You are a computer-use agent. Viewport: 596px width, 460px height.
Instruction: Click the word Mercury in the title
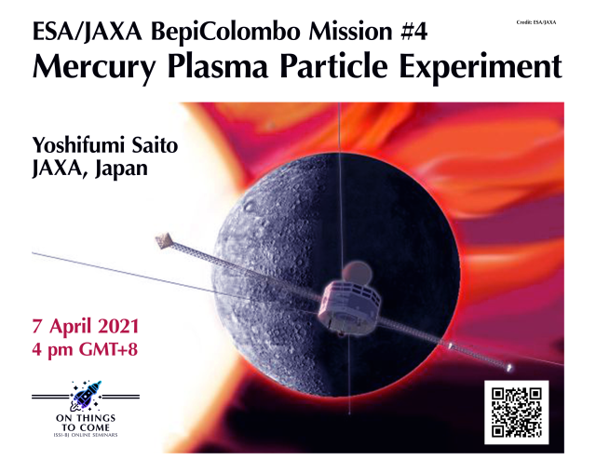94,68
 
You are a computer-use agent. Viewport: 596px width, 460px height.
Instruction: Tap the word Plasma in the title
217,66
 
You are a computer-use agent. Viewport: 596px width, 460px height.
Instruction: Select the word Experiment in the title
481,68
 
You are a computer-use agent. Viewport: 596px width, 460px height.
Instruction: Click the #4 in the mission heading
413,31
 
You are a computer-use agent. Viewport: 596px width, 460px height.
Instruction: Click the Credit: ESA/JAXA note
536,22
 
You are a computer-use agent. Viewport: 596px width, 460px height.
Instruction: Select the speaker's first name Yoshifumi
78,145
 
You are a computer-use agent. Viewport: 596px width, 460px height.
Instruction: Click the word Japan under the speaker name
121,169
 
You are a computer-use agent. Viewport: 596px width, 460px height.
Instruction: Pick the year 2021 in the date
118,327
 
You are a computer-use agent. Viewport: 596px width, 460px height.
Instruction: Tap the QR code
516,413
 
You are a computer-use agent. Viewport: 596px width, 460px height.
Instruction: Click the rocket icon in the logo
86,396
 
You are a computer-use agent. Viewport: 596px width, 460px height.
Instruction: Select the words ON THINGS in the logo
86,418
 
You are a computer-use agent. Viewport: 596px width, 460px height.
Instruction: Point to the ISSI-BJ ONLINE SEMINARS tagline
86,435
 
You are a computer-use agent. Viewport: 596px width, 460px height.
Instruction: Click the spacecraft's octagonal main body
348,307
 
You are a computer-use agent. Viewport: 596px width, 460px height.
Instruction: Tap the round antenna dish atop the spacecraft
356,273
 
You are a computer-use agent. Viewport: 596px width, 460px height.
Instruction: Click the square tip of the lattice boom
164,240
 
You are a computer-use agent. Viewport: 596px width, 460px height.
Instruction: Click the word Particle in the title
333,66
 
